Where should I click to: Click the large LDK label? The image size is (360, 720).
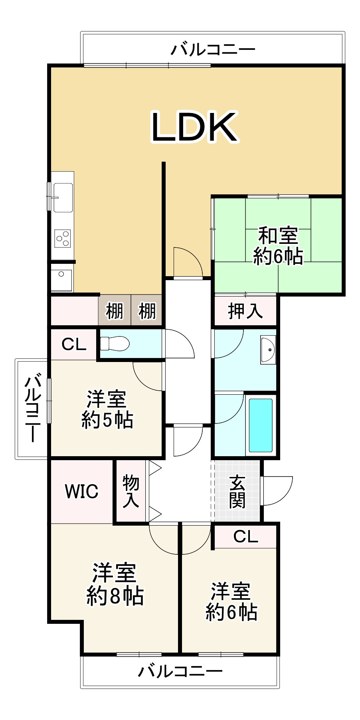pos(194,127)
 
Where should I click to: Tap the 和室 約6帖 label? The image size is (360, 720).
pos(278,246)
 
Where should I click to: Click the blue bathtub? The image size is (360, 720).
pos(261,425)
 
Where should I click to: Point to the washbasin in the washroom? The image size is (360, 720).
pos(268,350)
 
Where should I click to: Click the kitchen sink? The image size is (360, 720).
pos(63,197)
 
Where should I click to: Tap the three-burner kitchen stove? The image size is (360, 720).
pos(63,239)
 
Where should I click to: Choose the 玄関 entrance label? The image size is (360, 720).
pos(237,491)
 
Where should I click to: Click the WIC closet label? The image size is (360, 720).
pos(81,491)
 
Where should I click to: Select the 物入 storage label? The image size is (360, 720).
pos(131,491)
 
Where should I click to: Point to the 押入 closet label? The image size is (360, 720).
pos(245,311)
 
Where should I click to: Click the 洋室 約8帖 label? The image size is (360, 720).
pos(115,585)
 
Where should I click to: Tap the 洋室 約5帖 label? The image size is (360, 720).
pos(107,409)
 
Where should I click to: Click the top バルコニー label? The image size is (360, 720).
pos(213,50)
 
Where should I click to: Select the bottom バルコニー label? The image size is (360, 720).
pos(180,671)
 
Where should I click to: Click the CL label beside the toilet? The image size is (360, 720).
pos(74,344)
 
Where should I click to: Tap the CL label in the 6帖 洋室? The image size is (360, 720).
pos(245,537)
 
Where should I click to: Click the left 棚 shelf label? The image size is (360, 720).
pos(115,311)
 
